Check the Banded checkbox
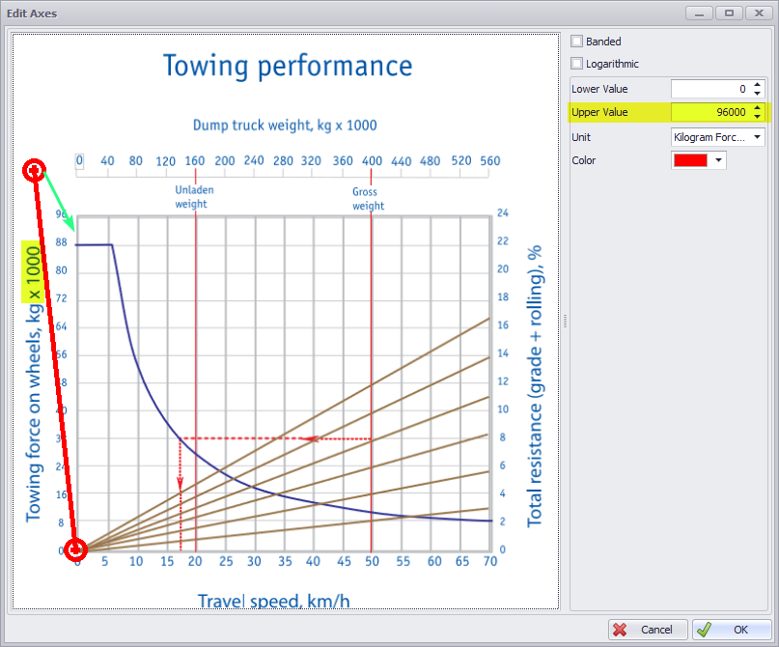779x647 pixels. coord(577,42)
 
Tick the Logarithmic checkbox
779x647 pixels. coord(577,64)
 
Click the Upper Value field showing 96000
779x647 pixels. coord(709,112)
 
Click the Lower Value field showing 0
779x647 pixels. coord(709,89)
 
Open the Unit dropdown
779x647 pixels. coord(718,137)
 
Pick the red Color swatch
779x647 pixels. coord(691,160)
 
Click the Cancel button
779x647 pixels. coord(647,629)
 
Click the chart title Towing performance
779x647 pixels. coord(288,66)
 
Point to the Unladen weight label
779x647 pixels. coord(194,197)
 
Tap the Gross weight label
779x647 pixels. coord(369,198)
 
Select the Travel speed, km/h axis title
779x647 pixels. coord(274,601)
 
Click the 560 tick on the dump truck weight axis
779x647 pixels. coord(488,161)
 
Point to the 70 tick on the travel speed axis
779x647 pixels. coord(489,561)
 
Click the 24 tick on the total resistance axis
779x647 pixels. coord(502,214)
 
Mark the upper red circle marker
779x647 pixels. coord(35,171)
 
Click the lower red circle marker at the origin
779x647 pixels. coord(76,550)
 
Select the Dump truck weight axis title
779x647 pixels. coord(285,126)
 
